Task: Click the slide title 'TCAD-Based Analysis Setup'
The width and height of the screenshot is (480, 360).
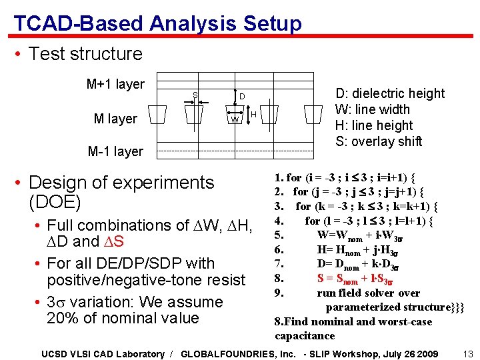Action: pos(157,24)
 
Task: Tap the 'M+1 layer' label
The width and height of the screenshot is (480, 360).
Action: pos(115,84)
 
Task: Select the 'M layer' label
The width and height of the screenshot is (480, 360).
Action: pos(115,119)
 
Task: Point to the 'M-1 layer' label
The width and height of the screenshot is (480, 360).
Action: pos(115,151)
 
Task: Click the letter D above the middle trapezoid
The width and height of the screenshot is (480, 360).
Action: pos(243,97)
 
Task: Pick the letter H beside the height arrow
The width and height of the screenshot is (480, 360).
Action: pos(255,115)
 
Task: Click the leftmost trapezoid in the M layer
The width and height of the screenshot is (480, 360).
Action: pos(157,115)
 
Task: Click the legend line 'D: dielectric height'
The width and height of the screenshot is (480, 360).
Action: pos(389,93)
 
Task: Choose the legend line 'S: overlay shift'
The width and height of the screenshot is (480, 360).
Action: pos(379,141)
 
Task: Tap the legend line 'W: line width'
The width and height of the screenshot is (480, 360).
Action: pos(372,109)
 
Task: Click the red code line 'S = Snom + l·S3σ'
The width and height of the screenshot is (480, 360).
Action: pos(358,278)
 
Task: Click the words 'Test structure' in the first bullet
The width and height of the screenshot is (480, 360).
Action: pos(85,54)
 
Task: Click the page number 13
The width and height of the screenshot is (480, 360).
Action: pos(467,353)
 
